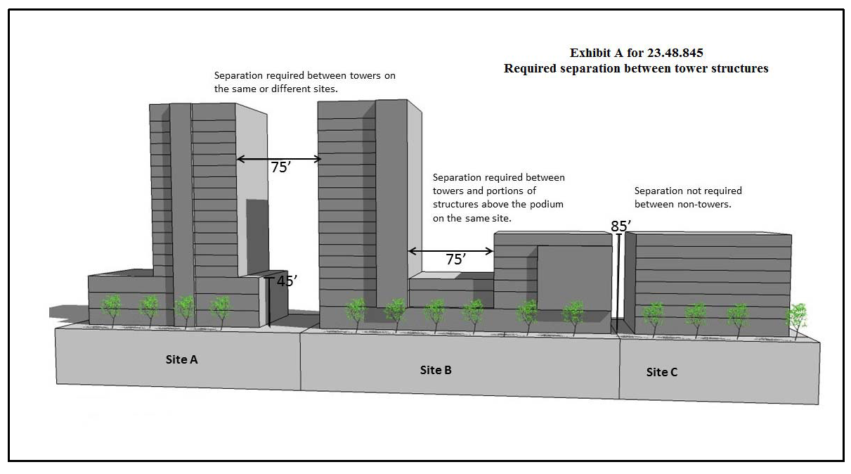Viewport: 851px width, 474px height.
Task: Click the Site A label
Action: click(x=181, y=359)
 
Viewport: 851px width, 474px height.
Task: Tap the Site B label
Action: click(x=436, y=370)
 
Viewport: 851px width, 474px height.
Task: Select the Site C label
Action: click(x=662, y=372)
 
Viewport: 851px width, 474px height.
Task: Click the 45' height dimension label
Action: click(x=286, y=281)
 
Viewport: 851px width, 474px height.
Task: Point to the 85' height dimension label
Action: click(x=621, y=226)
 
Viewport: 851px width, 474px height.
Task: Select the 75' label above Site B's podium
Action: click(x=456, y=260)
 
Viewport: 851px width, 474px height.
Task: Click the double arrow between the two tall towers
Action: click(x=278, y=159)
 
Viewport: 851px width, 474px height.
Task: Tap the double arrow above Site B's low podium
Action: click(x=450, y=250)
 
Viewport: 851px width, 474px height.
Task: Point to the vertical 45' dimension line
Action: click(x=268, y=302)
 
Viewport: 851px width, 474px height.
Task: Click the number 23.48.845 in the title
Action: click(x=676, y=53)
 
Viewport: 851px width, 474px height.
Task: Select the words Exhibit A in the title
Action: click(x=593, y=53)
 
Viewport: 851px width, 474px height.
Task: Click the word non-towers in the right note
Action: click(x=710, y=204)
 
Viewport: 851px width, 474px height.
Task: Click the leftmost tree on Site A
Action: click(x=111, y=309)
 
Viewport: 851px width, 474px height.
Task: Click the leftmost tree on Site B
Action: click(x=356, y=312)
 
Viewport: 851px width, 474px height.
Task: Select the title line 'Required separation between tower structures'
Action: click(x=636, y=69)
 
